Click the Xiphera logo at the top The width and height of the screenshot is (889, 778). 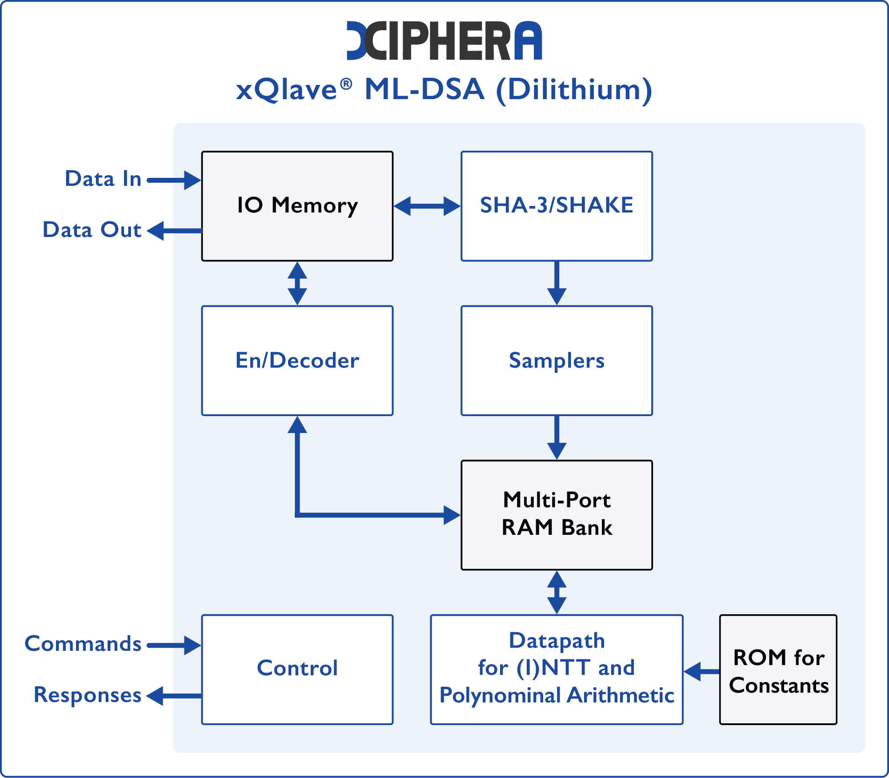(x=444, y=40)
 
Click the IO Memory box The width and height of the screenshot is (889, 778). (x=297, y=206)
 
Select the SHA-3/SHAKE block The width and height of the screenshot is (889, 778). (x=557, y=206)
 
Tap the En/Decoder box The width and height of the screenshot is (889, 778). (x=297, y=360)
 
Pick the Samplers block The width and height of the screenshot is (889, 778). (x=557, y=360)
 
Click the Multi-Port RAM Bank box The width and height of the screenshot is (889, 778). (x=557, y=514)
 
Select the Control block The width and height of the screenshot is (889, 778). (x=297, y=669)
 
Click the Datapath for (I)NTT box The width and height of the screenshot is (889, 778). (x=557, y=669)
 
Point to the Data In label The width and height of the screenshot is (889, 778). (x=103, y=179)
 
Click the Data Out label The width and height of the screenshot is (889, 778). (x=92, y=230)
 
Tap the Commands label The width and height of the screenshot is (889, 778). (x=83, y=644)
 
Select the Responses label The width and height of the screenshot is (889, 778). (x=88, y=695)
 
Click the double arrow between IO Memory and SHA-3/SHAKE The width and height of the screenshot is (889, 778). (x=427, y=206)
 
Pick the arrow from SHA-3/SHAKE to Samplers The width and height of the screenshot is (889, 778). (x=557, y=283)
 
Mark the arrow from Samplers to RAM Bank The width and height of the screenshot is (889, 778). (x=557, y=437)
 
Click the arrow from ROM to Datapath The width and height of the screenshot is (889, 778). (x=701, y=671)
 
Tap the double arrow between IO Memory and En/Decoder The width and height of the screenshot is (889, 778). (x=297, y=283)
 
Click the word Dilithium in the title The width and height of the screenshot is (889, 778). (x=574, y=90)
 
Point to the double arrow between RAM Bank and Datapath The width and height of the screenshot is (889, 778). (x=557, y=592)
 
